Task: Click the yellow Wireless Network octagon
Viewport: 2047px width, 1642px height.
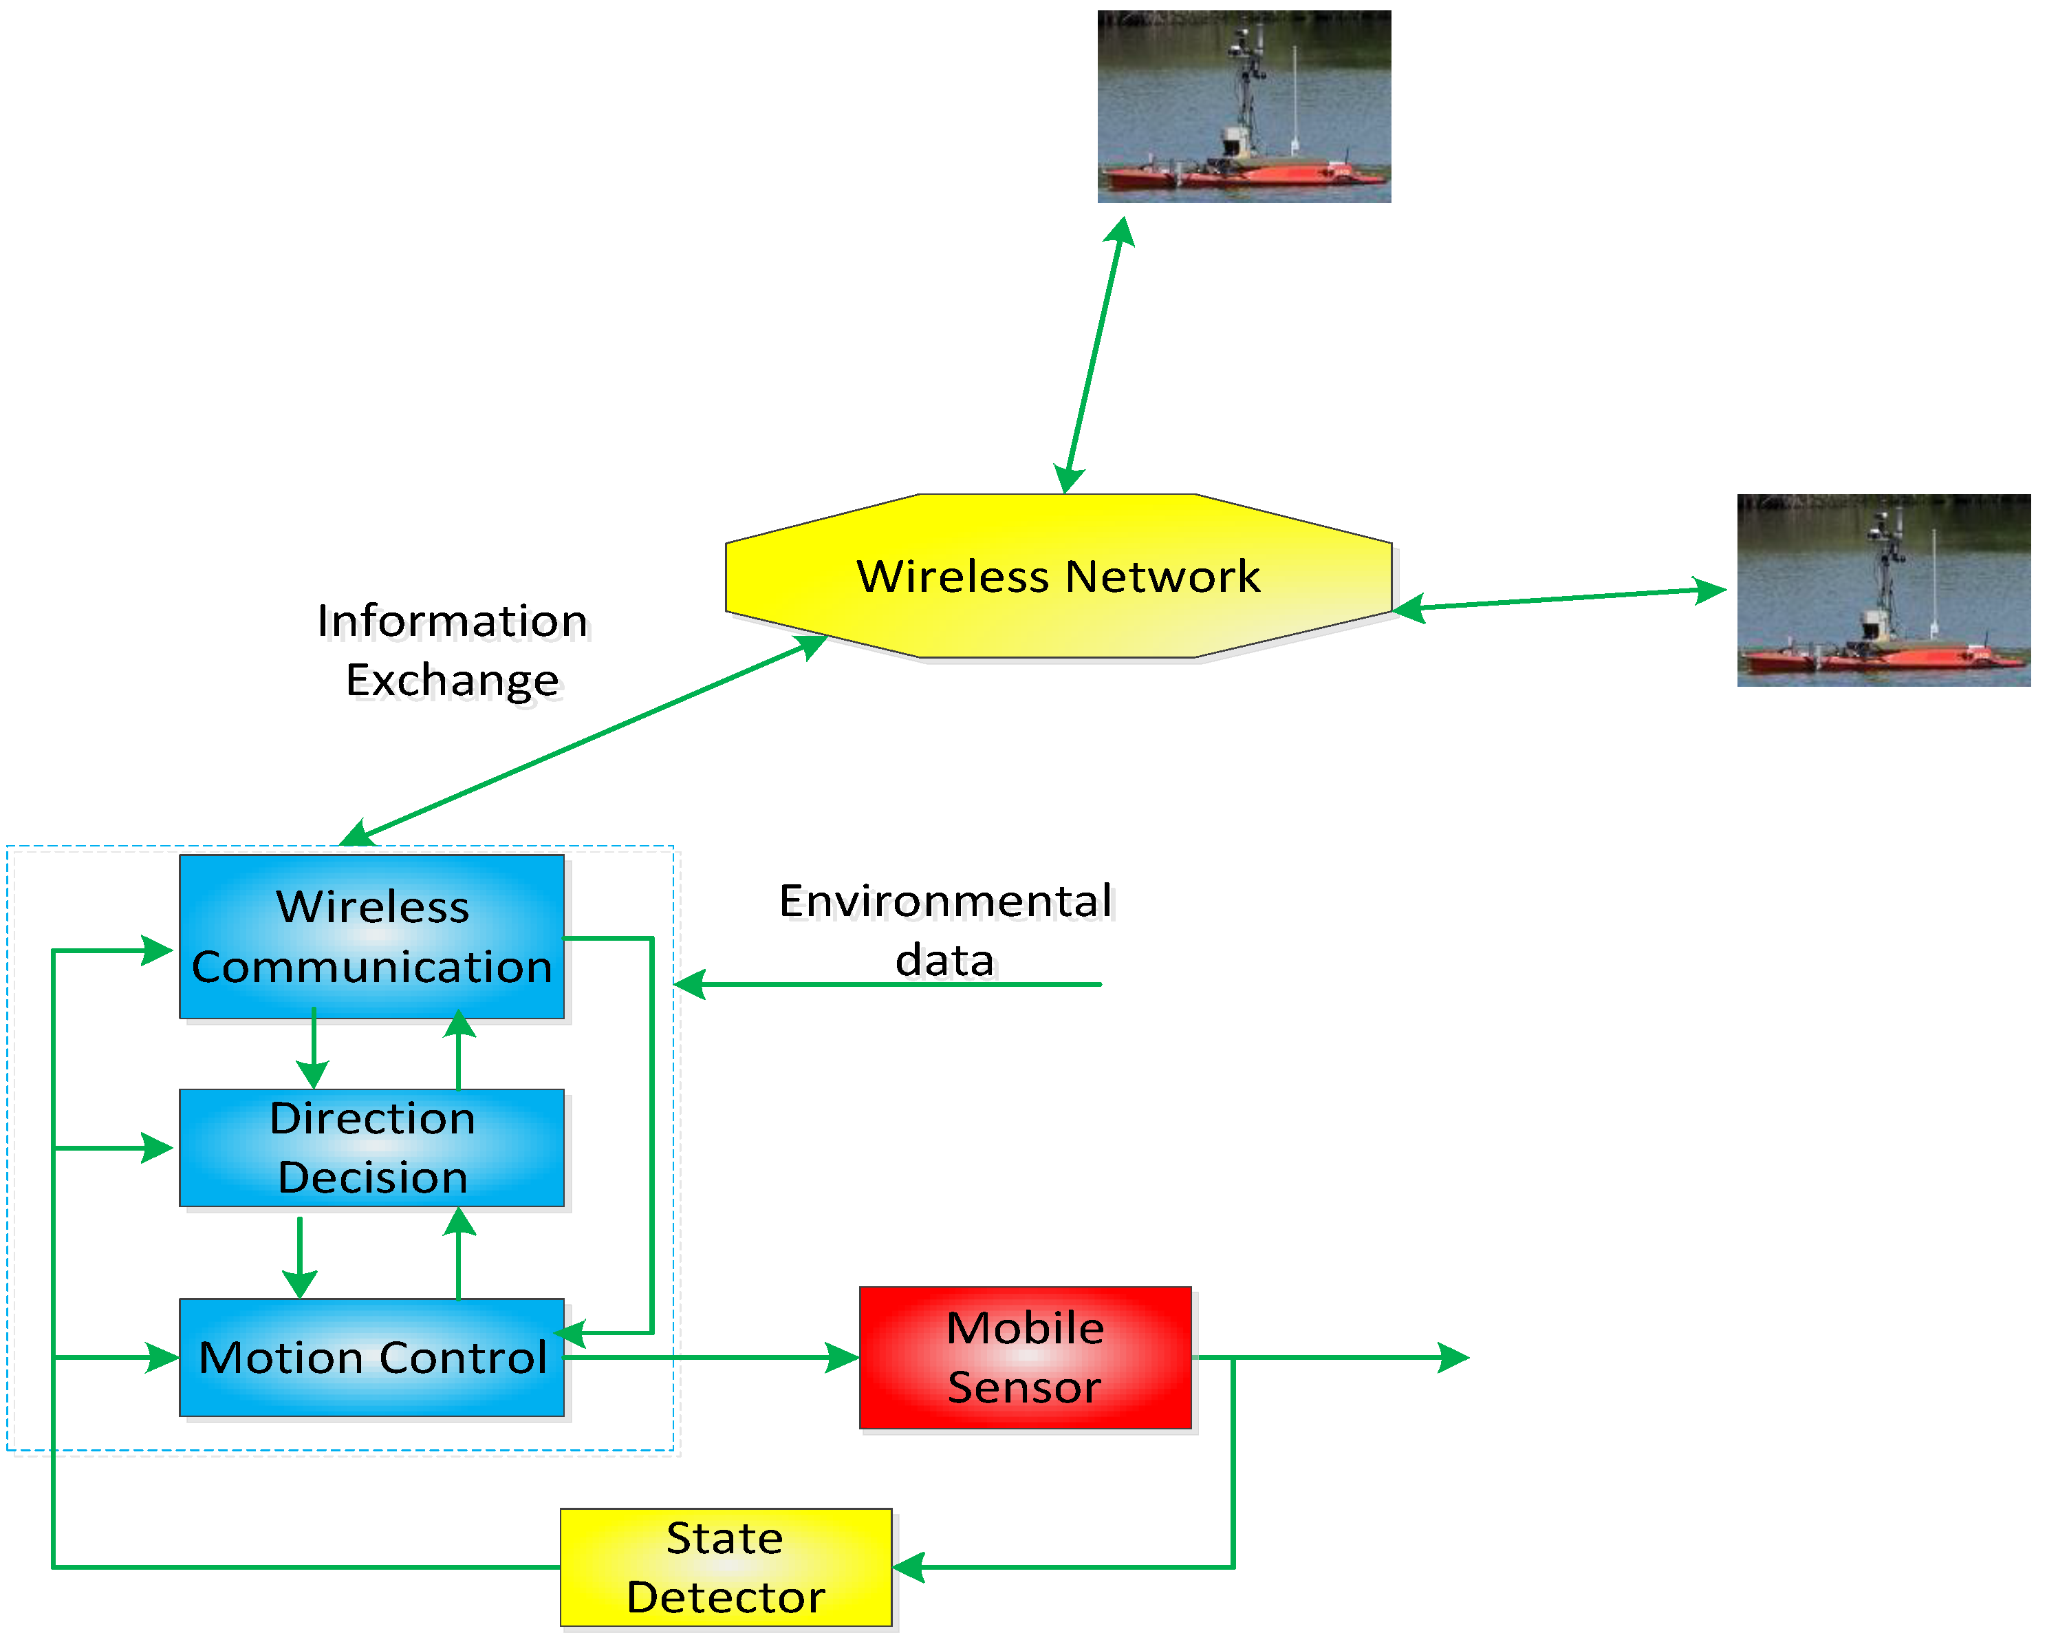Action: coord(1058,575)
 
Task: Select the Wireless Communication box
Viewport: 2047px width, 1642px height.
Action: coord(371,937)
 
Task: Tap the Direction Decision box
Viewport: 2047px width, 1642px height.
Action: coord(371,1147)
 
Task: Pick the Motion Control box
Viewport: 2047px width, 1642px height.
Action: coord(371,1357)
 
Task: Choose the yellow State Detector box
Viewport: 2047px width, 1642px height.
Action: coord(726,1567)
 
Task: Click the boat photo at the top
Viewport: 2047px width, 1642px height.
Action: coord(1244,107)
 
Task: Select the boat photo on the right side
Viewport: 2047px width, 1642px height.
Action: coord(1884,590)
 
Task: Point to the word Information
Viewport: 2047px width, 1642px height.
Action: coord(452,621)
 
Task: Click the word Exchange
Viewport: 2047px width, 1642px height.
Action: coord(452,680)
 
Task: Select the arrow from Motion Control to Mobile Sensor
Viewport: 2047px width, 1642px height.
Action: coord(712,1357)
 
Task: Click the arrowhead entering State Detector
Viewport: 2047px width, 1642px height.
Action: coord(909,1567)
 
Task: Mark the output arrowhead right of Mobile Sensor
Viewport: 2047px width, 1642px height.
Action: coord(1453,1357)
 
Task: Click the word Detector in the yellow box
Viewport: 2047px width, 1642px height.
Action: coord(726,1597)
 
